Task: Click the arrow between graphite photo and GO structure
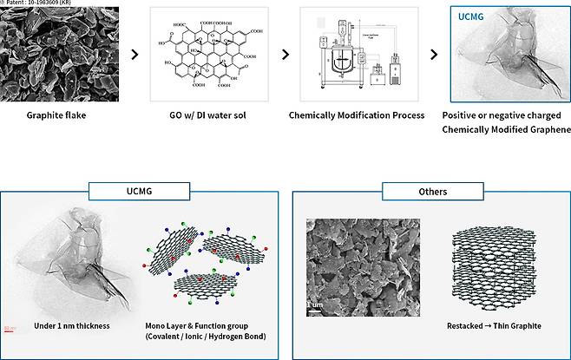(x=134, y=55)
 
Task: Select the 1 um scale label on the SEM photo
(x=314, y=305)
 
